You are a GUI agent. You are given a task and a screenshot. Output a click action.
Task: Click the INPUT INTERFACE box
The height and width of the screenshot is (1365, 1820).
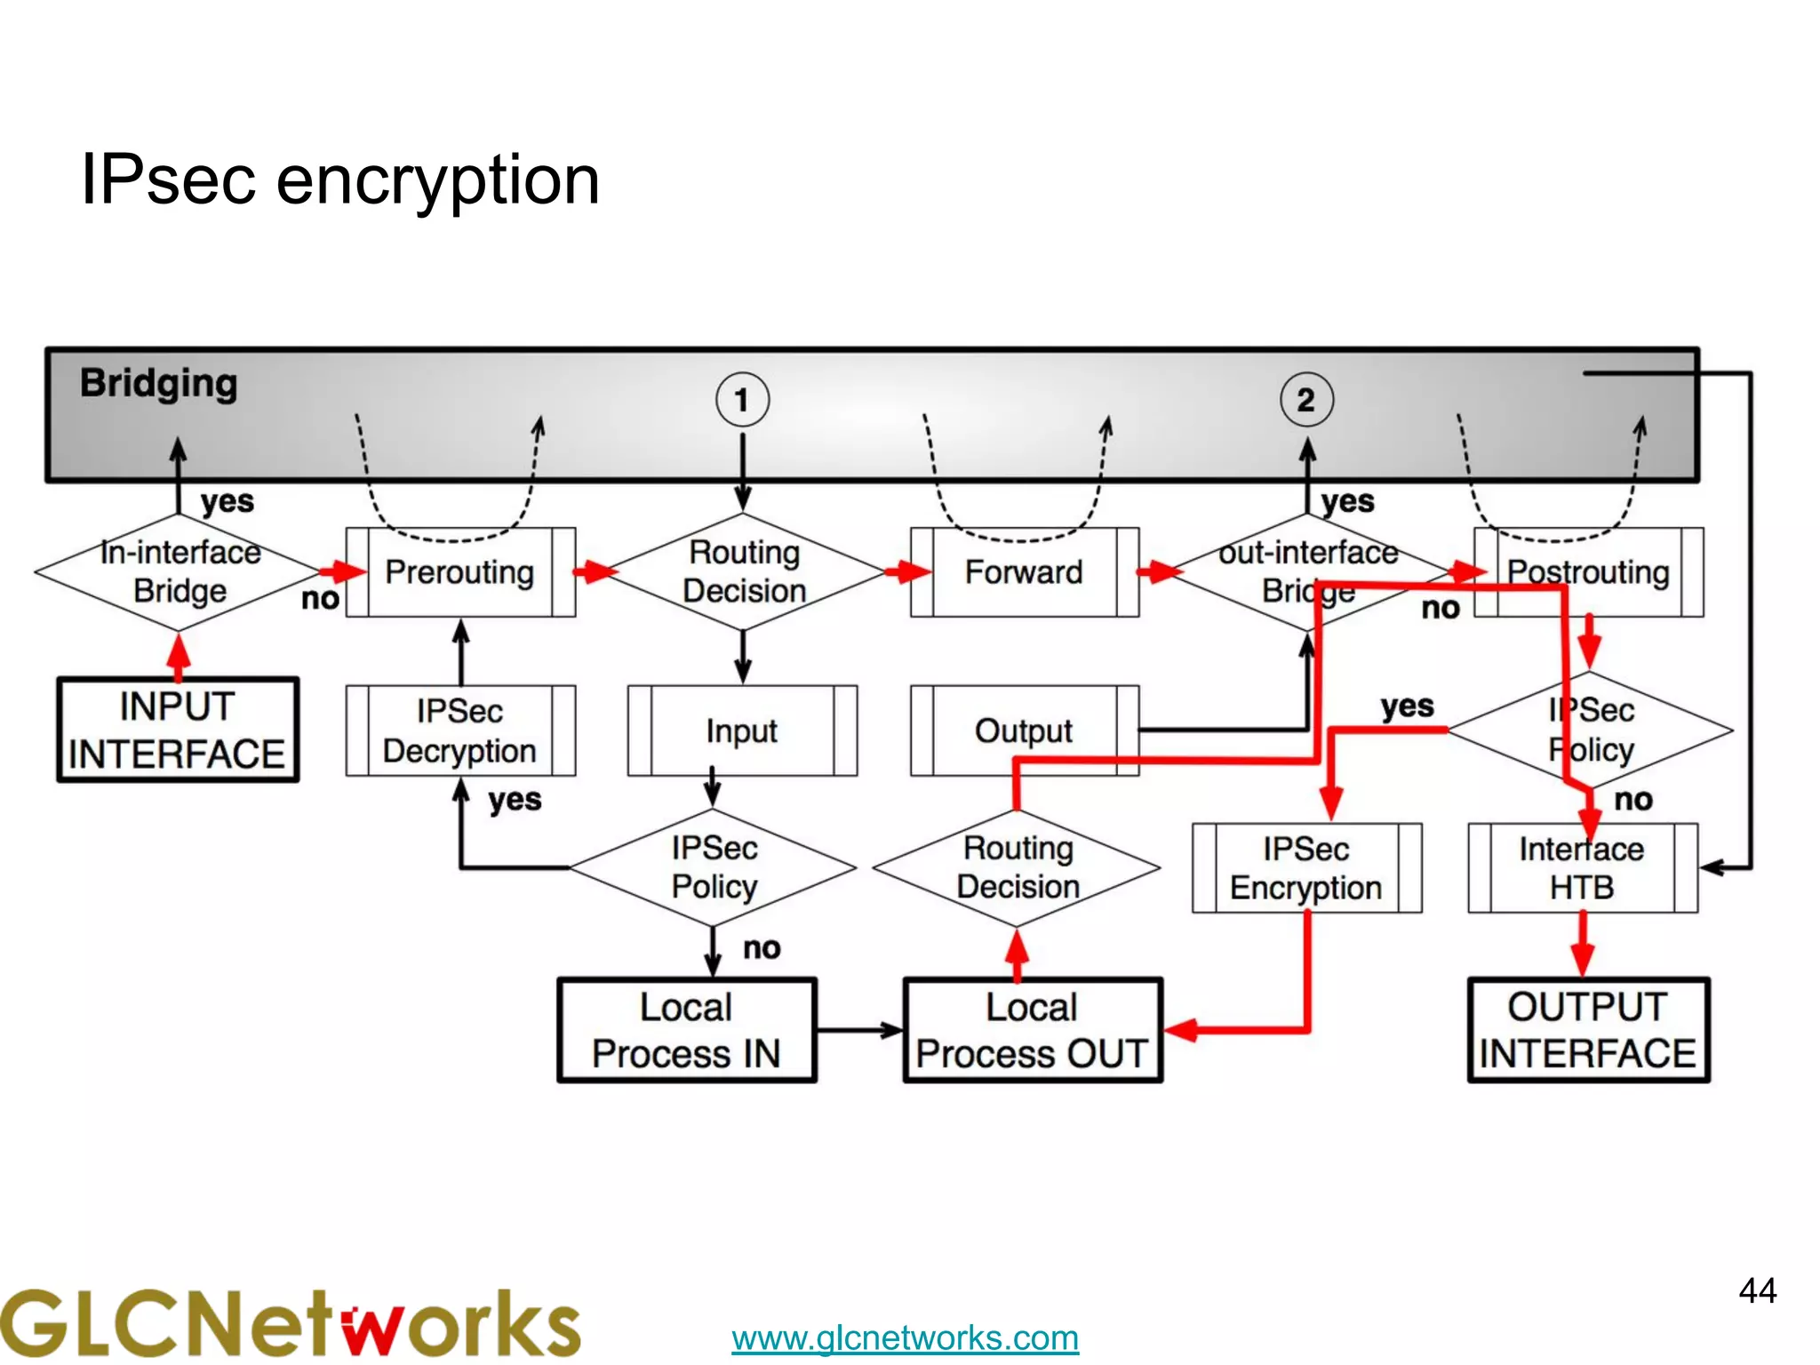(178, 730)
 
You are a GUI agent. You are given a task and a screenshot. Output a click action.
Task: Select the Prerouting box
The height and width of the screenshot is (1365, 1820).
(460, 572)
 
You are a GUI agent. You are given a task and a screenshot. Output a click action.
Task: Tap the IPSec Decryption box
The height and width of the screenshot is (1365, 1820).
(460, 730)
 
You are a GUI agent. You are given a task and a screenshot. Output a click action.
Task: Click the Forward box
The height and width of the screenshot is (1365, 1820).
(1024, 572)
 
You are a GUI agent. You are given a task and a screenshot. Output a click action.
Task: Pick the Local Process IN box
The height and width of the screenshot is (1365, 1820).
(686, 1031)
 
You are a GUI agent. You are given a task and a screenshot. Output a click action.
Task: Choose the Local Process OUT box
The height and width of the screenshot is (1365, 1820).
(1033, 1031)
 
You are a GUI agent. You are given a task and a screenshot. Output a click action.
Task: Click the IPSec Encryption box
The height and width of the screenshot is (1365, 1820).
(1306, 868)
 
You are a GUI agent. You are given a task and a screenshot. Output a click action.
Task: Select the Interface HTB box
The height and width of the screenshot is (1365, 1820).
(1582, 868)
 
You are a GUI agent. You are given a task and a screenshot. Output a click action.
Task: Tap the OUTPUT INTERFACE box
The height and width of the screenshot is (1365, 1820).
(1588, 1031)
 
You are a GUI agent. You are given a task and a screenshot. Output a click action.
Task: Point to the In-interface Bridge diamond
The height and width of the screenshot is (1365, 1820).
(180, 572)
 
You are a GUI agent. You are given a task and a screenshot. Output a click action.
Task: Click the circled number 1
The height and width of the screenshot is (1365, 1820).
(742, 400)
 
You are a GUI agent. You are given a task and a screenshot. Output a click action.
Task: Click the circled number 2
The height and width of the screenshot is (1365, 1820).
(1306, 400)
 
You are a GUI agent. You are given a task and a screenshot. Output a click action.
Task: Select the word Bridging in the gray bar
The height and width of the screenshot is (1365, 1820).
(159, 384)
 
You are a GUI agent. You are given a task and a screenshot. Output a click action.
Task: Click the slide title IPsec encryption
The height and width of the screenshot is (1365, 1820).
(340, 180)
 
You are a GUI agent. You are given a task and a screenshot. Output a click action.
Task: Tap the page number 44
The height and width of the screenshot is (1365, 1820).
(1757, 1290)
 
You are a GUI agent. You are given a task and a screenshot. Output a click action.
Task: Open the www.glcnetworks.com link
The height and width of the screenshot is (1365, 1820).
(905, 1337)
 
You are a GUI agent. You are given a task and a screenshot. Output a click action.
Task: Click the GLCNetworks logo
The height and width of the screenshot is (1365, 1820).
(290, 1324)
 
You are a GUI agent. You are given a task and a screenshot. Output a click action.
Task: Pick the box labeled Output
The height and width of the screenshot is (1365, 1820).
(1024, 730)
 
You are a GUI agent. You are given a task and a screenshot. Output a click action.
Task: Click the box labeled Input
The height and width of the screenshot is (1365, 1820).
(742, 730)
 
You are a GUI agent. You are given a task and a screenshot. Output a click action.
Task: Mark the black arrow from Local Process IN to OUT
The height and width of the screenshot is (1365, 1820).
(858, 1031)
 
